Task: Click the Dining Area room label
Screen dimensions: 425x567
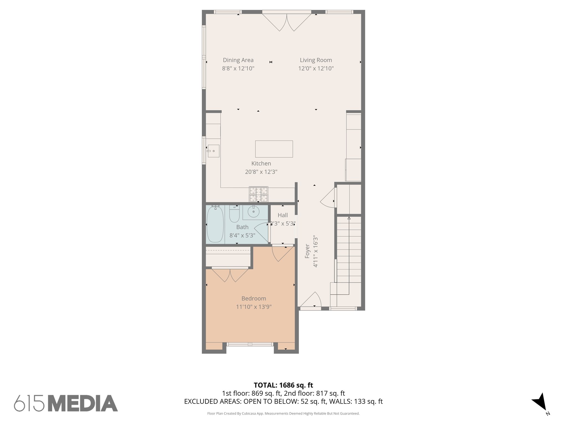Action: pos(238,60)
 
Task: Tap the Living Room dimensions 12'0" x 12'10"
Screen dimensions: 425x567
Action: pos(316,68)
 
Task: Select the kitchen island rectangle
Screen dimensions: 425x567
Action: pos(274,149)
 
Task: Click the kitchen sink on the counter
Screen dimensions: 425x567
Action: pos(213,151)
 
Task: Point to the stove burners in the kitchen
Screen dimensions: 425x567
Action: pos(259,194)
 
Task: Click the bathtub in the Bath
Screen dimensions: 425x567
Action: pos(215,224)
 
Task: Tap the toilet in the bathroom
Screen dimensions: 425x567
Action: pos(234,214)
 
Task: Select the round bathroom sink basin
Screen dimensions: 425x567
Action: pos(253,212)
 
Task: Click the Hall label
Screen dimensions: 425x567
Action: pos(283,215)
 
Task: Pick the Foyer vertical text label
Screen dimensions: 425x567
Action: pos(307,251)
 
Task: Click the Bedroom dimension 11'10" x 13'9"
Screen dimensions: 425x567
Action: pos(254,307)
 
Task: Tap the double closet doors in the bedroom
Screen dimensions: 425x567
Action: pos(230,275)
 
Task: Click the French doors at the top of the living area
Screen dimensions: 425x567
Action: pos(287,22)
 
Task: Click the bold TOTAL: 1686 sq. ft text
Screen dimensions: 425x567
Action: pos(283,385)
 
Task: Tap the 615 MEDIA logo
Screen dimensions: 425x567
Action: pos(66,403)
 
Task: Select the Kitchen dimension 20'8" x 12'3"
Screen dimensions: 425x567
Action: pos(261,172)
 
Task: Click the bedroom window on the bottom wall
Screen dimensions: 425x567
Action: pos(250,344)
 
